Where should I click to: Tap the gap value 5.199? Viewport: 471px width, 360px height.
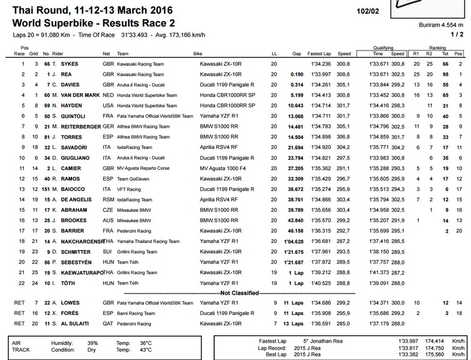coord(295,95)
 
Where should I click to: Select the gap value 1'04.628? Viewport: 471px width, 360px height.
coord(293,241)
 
